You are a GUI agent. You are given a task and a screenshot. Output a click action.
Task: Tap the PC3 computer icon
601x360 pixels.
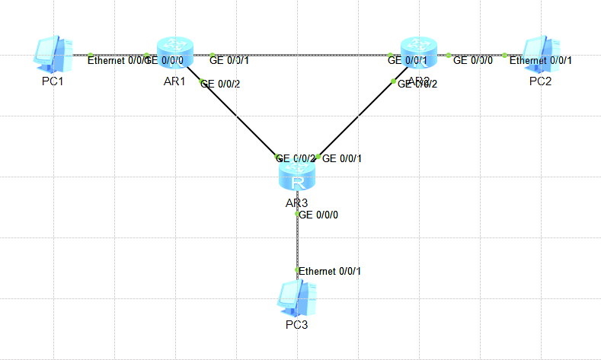[296, 299]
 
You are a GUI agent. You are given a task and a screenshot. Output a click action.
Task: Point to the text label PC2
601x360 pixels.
[540, 81]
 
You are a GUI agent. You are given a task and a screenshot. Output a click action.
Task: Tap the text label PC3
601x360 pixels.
[296, 326]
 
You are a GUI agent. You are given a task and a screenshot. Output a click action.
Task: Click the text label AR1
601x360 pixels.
[174, 81]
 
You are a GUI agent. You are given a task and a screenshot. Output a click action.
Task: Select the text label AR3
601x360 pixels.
[297, 203]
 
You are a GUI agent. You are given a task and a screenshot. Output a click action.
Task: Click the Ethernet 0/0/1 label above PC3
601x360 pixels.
[329, 271]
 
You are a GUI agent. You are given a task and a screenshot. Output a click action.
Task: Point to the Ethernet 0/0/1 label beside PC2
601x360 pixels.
[541, 60]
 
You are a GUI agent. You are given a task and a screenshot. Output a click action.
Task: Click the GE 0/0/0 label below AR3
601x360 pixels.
[318, 215]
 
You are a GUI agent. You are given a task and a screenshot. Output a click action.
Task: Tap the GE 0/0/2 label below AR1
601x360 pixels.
[220, 84]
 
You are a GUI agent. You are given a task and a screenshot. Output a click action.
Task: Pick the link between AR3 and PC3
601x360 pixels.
[297, 244]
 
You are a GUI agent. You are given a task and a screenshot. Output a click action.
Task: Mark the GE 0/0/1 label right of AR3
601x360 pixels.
[342, 158]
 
